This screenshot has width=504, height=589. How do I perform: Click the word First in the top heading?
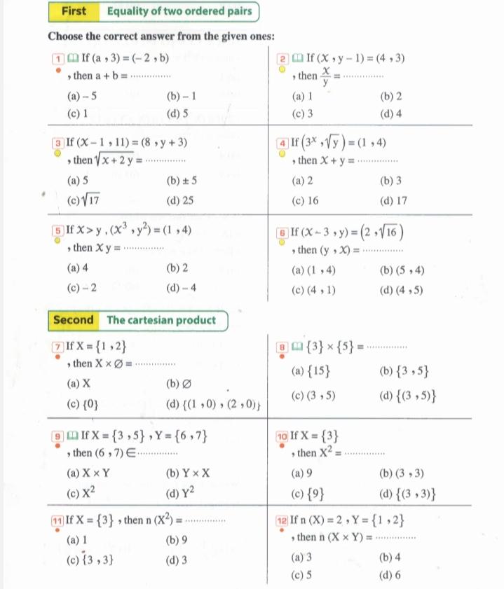[x=74, y=11]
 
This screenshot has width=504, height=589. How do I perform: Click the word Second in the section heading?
[x=74, y=320]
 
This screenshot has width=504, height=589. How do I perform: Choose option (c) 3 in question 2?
[x=302, y=113]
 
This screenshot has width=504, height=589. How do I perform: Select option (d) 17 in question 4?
[x=393, y=200]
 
